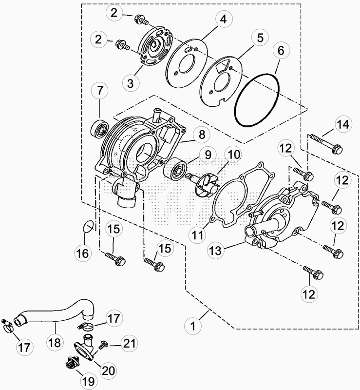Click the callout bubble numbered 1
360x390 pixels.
click(x=193, y=326)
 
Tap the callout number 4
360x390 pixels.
click(x=224, y=19)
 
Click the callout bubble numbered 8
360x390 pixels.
click(x=202, y=135)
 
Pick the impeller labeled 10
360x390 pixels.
click(x=203, y=185)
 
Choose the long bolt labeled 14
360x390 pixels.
click(x=326, y=143)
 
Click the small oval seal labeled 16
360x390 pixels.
click(x=89, y=226)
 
